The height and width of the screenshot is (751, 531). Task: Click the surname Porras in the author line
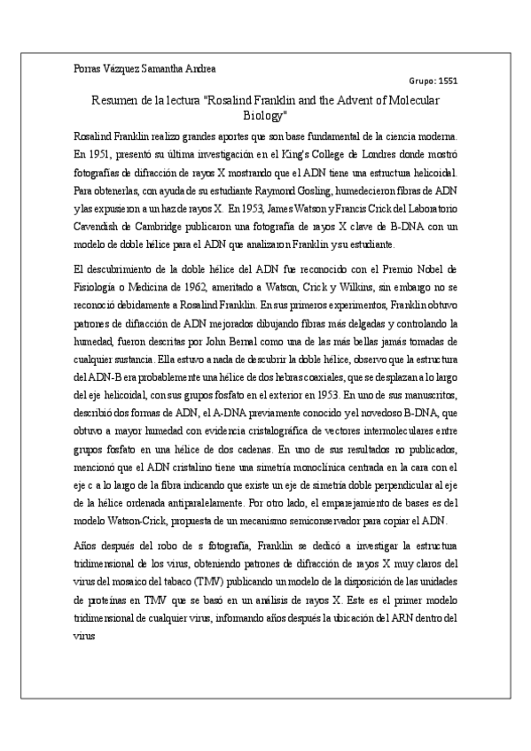click(x=86, y=68)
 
